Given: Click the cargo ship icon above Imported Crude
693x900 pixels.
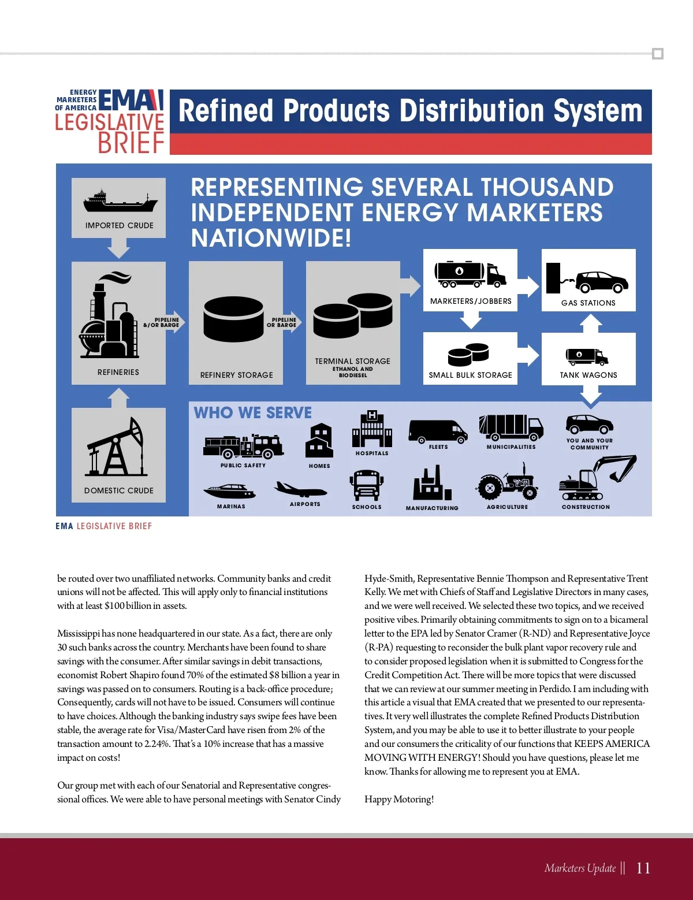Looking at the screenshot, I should click(120, 202).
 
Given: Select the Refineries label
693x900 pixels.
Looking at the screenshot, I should click(118, 372).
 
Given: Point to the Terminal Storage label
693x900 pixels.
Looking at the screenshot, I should click(352, 361).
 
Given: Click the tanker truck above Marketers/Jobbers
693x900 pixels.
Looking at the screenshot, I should click(470, 274).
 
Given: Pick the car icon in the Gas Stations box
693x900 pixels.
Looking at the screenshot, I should click(601, 281).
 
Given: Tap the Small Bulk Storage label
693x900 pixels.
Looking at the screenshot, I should click(470, 375).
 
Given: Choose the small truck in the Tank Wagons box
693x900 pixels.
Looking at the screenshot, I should click(587, 356).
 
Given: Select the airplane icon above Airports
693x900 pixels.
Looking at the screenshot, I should click(301, 489).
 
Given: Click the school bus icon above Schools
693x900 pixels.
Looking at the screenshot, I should click(367, 485).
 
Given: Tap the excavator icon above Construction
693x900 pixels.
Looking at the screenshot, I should click(597, 478).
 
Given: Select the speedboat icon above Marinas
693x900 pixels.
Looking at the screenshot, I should click(229, 492).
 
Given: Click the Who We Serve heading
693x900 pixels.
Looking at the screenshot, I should click(252, 412).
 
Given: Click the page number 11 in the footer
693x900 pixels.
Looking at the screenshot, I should click(643, 868).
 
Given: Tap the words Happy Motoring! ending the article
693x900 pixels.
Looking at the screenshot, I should click(399, 799).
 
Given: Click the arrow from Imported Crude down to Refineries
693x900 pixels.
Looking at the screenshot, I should click(118, 248).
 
